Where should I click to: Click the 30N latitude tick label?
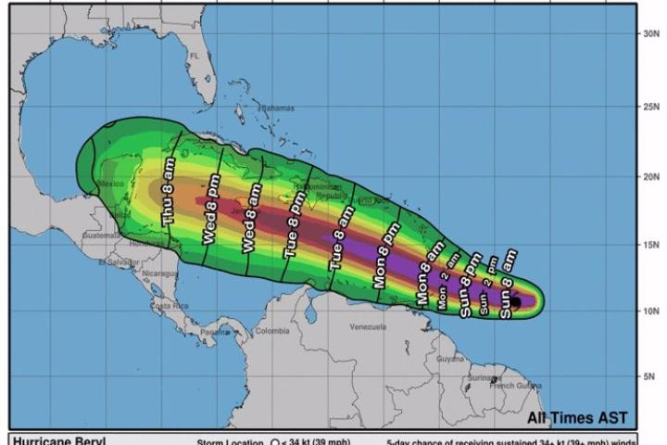[650, 33]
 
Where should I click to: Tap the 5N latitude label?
[650, 376]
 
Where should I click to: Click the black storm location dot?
[517, 302]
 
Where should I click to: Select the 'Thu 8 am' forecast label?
[168, 192]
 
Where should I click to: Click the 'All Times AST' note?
[578, 415]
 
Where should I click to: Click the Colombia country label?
[272, 331]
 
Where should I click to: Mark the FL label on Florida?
[195, 57]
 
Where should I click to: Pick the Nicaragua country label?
[159, 273]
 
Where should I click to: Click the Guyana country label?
[449, 358]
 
